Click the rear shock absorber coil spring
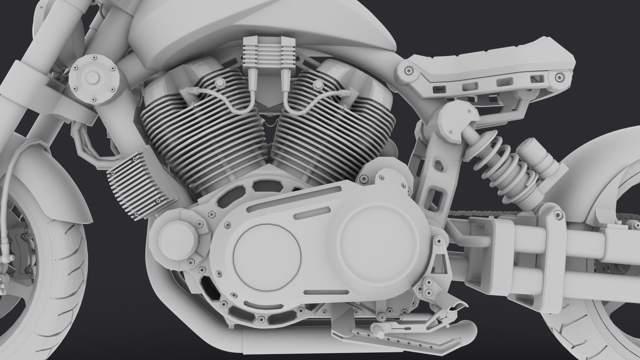[500, 167]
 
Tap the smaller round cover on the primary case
[267, 257]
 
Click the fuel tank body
[267, 30]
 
